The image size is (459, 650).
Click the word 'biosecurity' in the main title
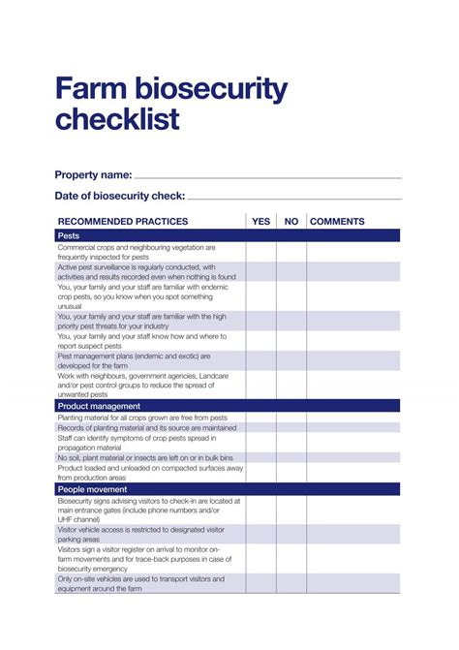click(205, 90)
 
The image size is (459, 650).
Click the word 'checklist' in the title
click(117, 120)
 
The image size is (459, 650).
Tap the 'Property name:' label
click(93, 174)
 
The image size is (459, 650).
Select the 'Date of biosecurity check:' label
click(119, 196)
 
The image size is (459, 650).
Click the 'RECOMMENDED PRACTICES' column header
click(123, 221)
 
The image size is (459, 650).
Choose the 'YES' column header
click(260, 221)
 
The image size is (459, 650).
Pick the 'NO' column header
click(291, 221)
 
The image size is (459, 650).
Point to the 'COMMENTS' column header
click(337, 221)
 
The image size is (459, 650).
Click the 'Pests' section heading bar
click(227, 235)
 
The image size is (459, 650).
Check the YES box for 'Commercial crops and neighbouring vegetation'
click(260, 252)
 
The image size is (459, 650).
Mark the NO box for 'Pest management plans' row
click(291, 360)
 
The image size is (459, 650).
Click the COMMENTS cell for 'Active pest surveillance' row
click(352, 271)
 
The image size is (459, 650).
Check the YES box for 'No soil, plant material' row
click(260, 457)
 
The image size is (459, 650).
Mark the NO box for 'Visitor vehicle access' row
click(291, 534)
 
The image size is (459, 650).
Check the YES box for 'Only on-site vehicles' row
click(260, 583)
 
